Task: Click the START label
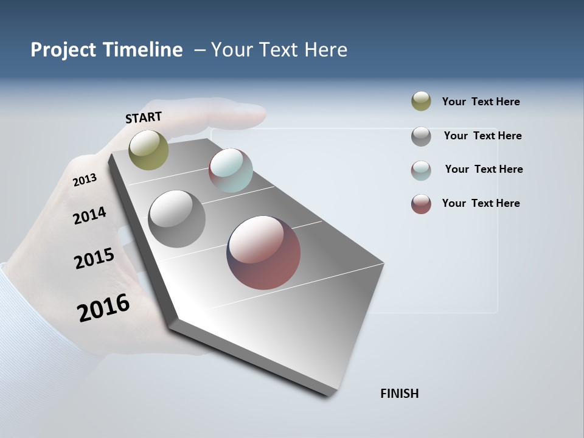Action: pos(144,117)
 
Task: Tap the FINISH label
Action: pos(400,394)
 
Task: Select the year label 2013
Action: pos(85,179)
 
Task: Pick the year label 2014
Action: pos(89,215)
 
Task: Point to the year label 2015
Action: pos(94,259)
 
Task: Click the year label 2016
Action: pos(103,307)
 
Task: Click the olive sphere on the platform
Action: pos(148,150)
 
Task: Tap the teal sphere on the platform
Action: pos(231,170)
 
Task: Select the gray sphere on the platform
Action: pos(176,219)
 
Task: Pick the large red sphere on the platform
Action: pos(263,252)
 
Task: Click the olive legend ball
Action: pos(421,102)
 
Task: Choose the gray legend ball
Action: pos(421,136)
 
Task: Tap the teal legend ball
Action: pos(421,170)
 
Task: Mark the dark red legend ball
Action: pos(421,204)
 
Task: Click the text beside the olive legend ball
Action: pos(481,102)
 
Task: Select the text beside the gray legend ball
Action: pos(483,136)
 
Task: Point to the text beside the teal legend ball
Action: pos(484,169)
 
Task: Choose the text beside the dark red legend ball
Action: pos(481,203)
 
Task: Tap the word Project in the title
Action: pos(62,50)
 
